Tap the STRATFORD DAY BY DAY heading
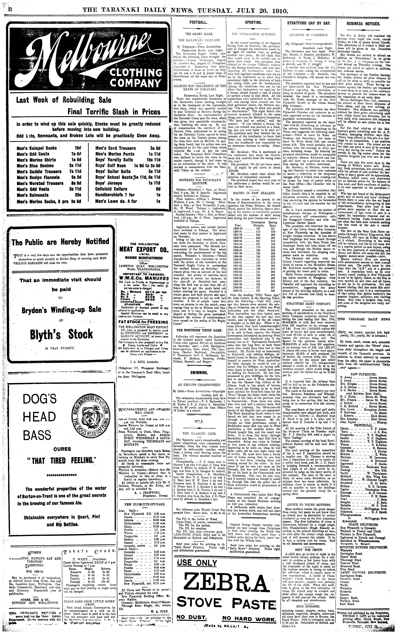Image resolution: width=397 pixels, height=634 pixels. point(308,23)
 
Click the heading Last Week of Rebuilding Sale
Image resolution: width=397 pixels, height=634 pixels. point(64,100)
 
